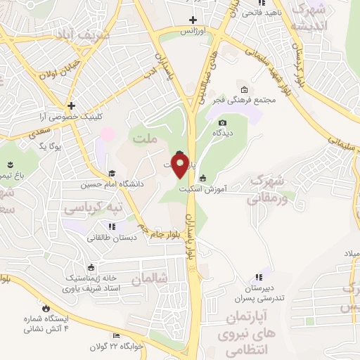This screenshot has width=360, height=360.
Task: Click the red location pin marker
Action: [180, 165]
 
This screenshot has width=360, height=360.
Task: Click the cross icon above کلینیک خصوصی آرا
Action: [71, 105]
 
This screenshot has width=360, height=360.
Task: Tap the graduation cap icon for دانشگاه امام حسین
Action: [111, 173]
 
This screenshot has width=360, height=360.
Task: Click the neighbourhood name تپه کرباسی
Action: [94, 208]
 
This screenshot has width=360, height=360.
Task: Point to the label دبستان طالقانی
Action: [111, 238]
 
